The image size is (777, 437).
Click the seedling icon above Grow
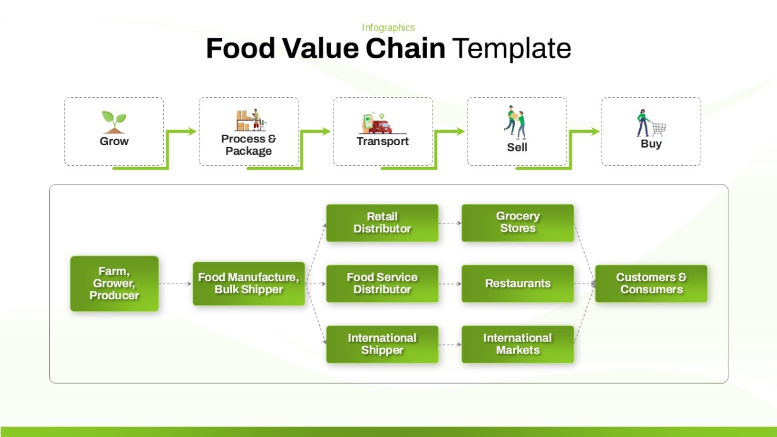click(114, 122)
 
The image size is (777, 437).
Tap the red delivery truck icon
click(381, 127)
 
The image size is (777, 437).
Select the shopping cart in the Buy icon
click(659, 129)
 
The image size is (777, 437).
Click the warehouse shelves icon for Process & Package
click(251, 120)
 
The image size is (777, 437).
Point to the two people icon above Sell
click(515, 122)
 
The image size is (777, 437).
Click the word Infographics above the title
click(388, 28)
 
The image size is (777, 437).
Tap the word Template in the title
click(512, 49)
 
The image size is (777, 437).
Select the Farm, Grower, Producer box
click(115, 284)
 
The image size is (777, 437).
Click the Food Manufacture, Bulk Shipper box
click(249, 284)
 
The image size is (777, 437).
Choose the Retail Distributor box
click(382, 223)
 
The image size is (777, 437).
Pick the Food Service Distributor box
click(382, 284)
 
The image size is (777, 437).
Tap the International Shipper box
click(382, 344)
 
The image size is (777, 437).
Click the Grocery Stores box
click(517, 223)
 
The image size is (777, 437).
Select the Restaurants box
click(517, 284)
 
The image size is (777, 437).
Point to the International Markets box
click(517, 344)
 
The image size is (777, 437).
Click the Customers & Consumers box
click(651, 284)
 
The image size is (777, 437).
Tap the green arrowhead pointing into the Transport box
click(326, 131)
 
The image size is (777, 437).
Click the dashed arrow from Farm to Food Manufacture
click(175, 284)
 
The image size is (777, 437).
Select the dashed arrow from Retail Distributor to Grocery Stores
click(450, 223)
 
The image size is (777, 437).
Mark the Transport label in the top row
click(383, 141)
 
